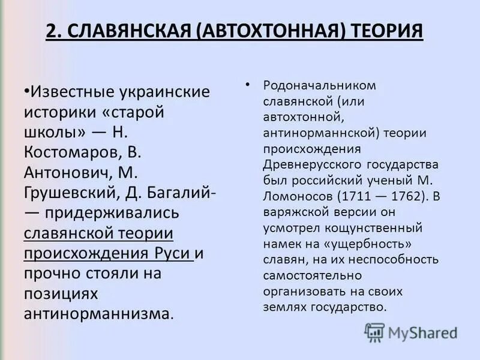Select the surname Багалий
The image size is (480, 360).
181,194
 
